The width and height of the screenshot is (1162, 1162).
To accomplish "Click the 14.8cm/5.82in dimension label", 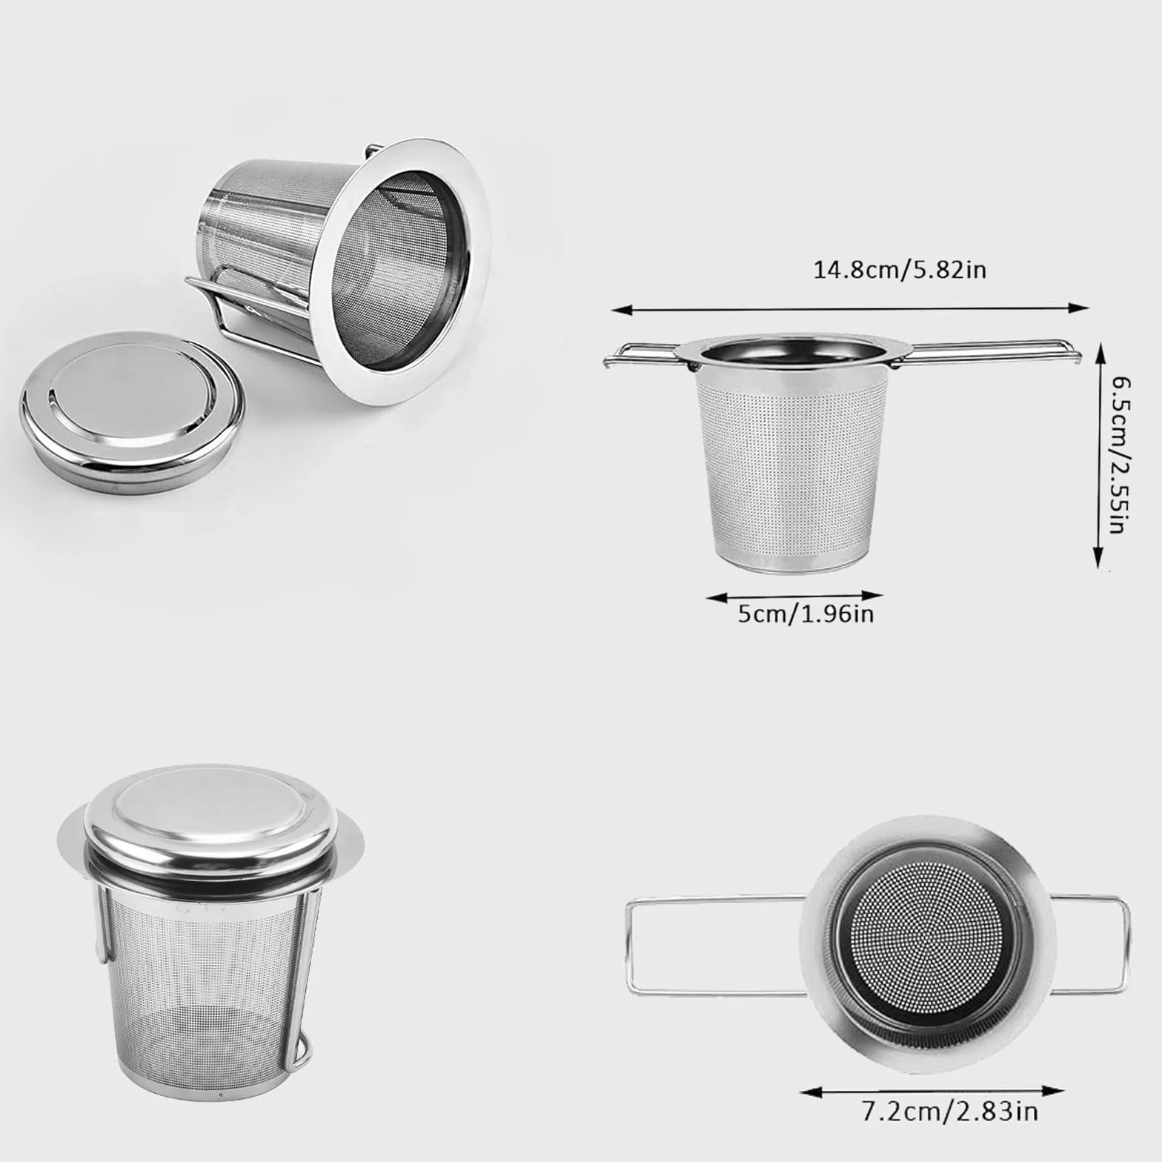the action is click(x=900, y=269).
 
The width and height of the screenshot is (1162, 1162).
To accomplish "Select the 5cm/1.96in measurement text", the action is click(x=806, y=614).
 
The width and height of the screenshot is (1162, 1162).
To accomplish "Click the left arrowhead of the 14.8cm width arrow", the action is click(x=617, y=308).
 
